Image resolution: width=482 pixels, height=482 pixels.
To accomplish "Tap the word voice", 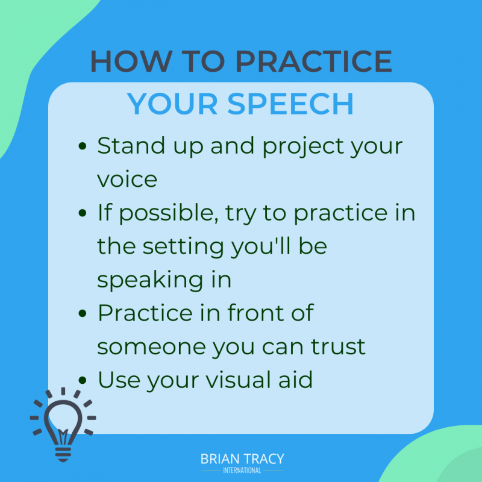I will click(127, 180).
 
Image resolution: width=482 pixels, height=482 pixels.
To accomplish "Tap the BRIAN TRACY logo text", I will click(242, 459).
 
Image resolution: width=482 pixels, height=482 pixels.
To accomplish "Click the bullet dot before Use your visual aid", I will click(83, 381).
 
